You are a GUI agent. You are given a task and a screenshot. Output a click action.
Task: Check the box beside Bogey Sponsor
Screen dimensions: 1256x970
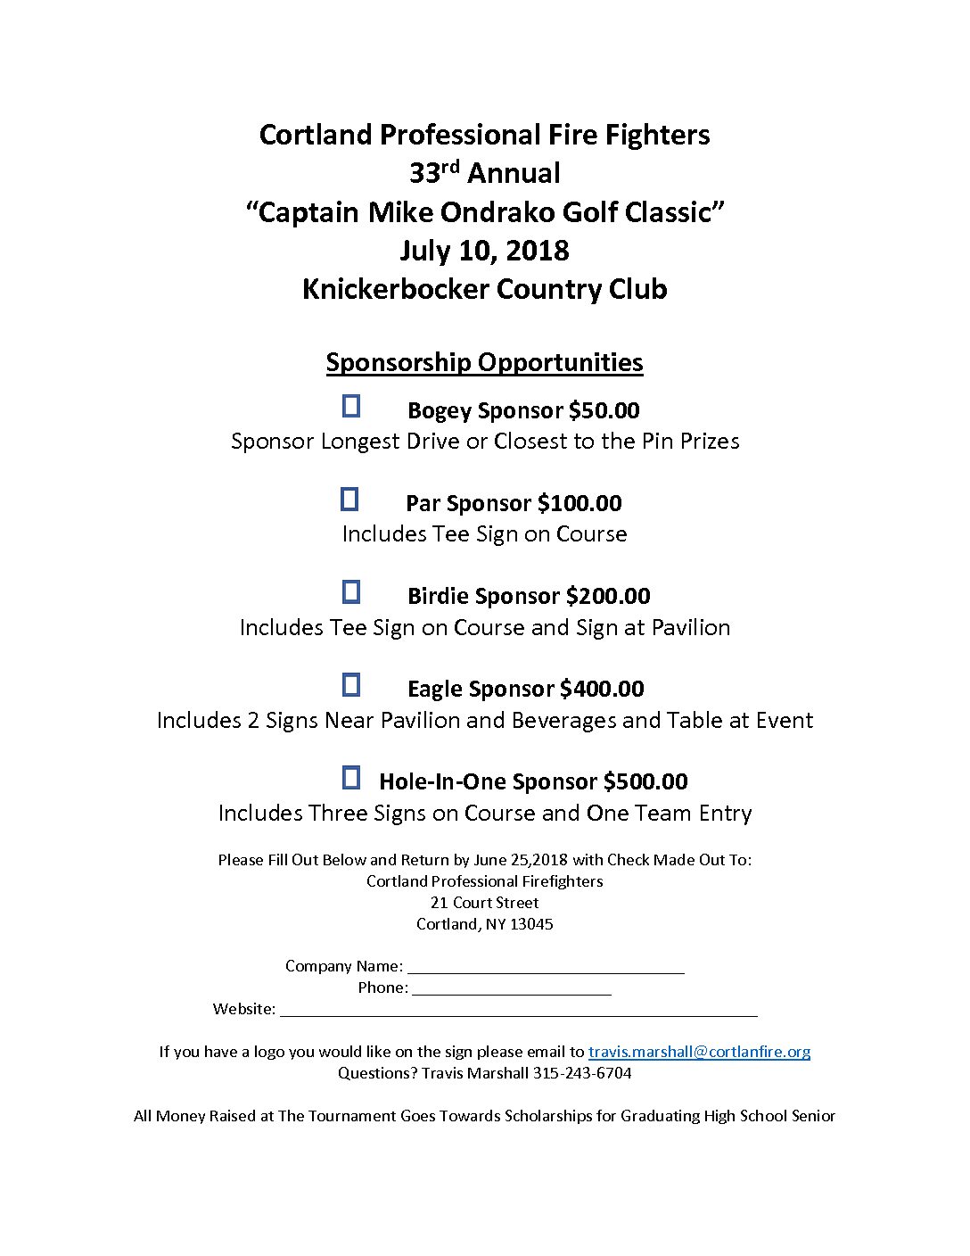tap(351, 407)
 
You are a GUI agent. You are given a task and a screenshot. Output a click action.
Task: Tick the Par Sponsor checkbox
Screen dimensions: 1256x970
tap(349, 500)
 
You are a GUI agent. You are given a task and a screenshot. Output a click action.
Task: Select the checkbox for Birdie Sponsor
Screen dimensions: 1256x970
tap(351, 592)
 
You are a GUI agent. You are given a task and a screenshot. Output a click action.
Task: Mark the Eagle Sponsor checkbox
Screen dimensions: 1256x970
tap(351, 685)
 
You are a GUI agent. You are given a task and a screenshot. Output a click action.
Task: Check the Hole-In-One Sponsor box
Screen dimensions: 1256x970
tap(351, 778)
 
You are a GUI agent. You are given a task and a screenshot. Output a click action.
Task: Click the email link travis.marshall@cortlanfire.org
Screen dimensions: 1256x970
tap(699, 1052)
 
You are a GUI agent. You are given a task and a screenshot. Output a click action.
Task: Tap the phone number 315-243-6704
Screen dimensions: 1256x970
tap(582, 1073)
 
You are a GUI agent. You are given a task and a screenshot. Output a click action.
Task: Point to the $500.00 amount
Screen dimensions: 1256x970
tap(645, 781)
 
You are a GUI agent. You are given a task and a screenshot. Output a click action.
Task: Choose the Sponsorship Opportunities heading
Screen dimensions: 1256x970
tap(484, 362)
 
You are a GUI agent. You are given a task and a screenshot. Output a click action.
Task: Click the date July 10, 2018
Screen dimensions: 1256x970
tap(484, 251)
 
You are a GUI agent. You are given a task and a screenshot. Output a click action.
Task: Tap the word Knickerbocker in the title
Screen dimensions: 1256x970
tap(395, 289)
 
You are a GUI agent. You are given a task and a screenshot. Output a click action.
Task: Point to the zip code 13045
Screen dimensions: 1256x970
tap(532, 924)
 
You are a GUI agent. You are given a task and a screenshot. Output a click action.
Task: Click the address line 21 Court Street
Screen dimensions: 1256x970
tap(484, 903)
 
